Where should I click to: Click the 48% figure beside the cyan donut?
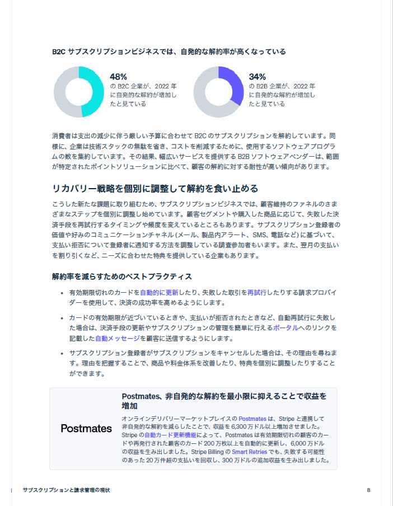click(x=118, y=77)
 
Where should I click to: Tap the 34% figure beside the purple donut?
click(x=257, y=77)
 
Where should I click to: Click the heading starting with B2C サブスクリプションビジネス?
click(x=169, y=51)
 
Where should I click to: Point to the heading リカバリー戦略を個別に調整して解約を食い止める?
click(x=155, y=188)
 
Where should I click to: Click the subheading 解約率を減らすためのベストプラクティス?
click(x=122, y=277)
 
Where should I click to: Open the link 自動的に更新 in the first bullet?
click(x=159, y=292)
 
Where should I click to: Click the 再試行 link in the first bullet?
click(x=257, y=292)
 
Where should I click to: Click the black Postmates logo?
click(x=86, y=428)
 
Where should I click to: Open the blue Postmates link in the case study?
click(x=252, y=418)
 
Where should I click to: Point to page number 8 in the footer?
click(x=368, y=490)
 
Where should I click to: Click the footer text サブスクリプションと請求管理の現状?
click(x=67, y=490)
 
